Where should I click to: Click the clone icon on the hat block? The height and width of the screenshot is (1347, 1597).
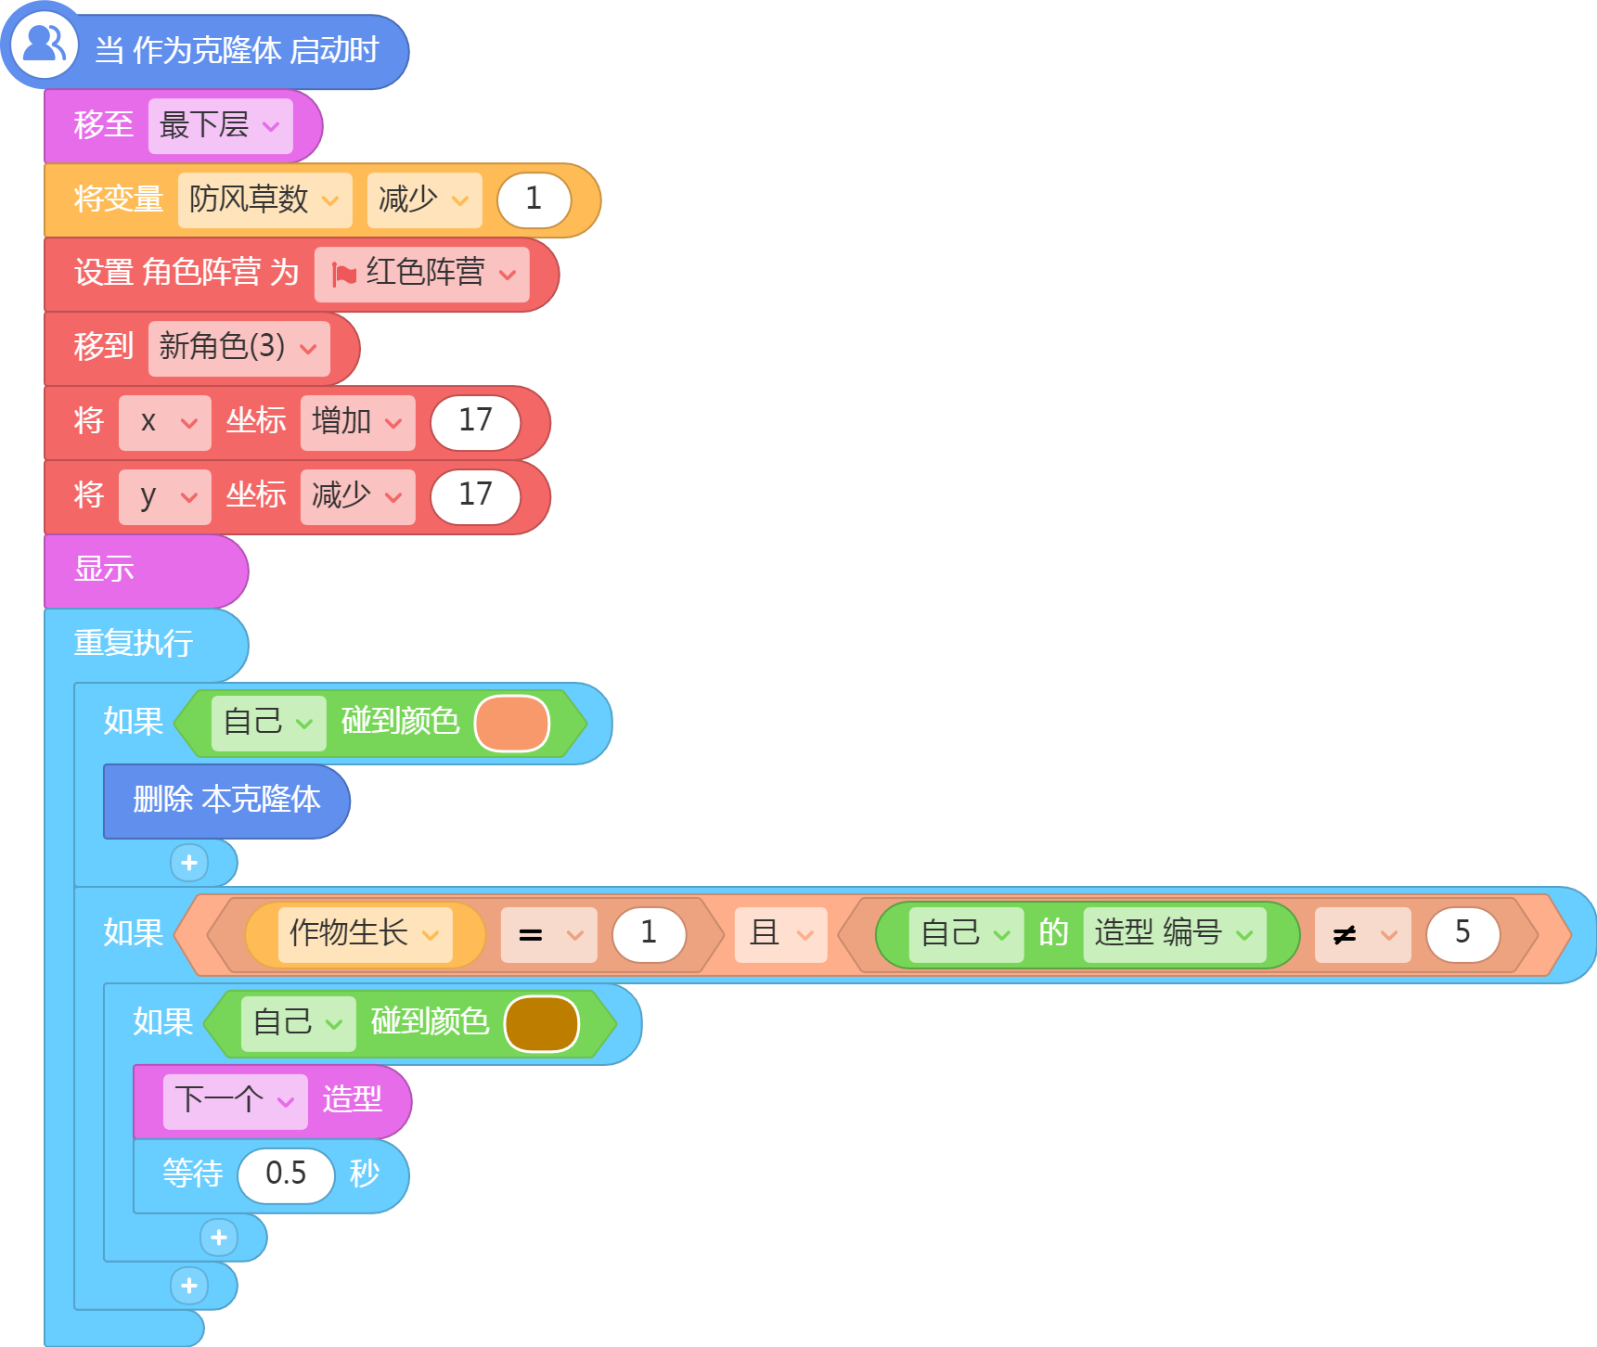pos(44,44)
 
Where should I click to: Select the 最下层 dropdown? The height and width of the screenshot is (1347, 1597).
pos(220,125)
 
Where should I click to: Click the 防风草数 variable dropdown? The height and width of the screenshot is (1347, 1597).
pos(264,199)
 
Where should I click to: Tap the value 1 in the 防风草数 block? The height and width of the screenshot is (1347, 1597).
pos(534,199)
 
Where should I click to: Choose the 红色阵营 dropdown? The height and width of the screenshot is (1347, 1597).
pos(421,274)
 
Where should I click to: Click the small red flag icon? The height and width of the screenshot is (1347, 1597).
pos(344,275)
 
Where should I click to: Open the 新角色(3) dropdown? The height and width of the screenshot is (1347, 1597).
pos(238,348)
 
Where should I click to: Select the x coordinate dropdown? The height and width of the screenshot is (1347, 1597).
pos(164,422)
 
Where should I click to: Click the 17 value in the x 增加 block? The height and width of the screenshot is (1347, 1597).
pos(475,422)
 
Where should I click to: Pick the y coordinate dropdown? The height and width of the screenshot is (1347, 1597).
pos(164,496)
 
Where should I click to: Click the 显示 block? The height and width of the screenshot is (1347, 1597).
pos(146,571)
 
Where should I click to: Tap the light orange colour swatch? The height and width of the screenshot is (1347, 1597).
pos(512,724)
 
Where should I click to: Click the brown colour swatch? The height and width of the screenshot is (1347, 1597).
pos(542,1024)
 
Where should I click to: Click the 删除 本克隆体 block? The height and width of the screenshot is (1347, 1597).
pos(226,801)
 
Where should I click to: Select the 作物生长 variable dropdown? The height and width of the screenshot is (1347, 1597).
pos(365,934)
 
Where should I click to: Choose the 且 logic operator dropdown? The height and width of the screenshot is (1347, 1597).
pos(780,934)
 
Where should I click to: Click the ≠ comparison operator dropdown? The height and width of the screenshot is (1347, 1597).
pos(1362,934)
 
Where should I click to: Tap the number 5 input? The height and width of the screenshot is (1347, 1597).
pos(1462,934)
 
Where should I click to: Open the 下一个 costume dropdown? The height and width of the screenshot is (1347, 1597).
pos(235,1101)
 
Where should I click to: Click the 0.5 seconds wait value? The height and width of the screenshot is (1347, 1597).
pos(286,1175)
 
